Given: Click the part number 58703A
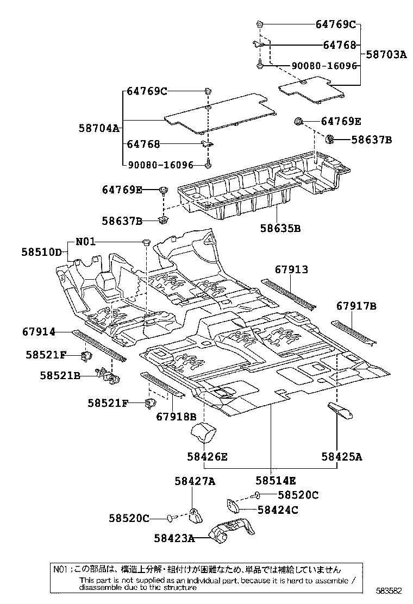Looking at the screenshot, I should [386, 54].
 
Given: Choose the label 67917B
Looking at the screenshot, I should [356, 306].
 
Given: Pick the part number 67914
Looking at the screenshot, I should [39, 331].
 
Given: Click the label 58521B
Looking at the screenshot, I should [60, 375].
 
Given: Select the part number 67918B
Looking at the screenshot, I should [176, 417].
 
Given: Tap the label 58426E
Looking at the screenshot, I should [207, 457].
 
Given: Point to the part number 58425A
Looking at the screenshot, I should [341, 457].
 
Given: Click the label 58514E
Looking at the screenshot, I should [276, 480].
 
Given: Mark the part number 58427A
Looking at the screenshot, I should [195, 481].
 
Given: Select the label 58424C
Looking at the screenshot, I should [278, 509].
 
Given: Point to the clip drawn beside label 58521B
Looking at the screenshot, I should [106, 375].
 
